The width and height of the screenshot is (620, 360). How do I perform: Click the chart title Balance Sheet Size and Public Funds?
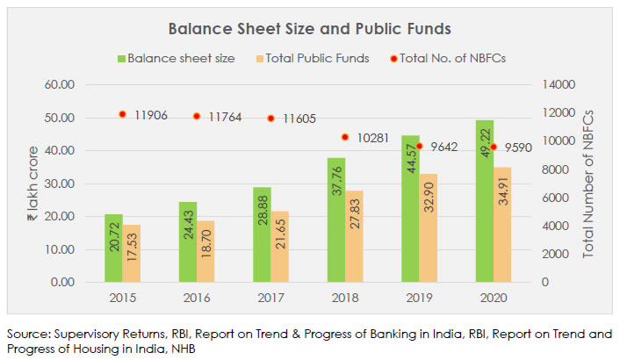point(309,29)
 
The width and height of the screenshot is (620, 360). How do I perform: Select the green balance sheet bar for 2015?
point(114,248)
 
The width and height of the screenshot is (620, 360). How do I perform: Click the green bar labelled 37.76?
point(337,220)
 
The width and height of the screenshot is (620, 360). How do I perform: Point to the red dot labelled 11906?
point(123,114)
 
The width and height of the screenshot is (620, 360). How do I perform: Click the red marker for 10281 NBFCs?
point(346,137)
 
